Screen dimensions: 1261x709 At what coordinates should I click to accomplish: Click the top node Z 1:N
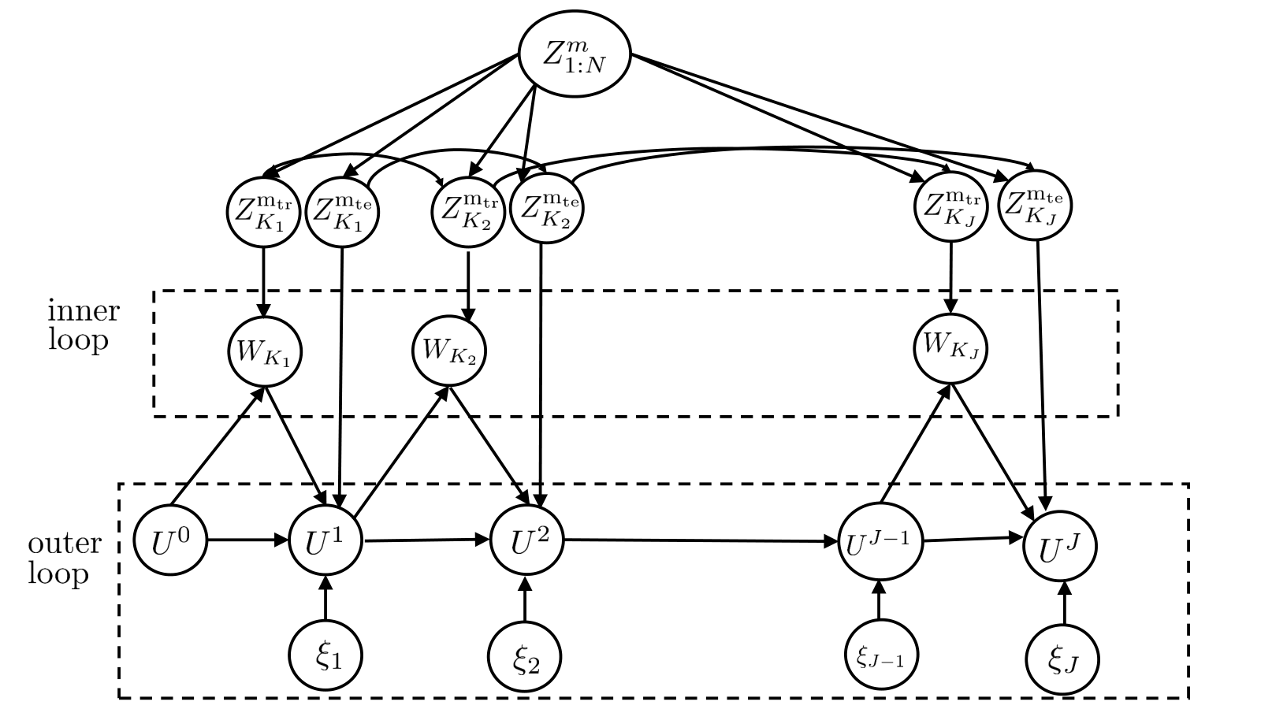coord(575,54)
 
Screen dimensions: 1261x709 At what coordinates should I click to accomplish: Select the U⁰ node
coord(170,540)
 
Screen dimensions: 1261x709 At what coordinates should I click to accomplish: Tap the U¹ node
coord(326,540)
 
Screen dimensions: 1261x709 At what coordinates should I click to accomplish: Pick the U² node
coord(527,540)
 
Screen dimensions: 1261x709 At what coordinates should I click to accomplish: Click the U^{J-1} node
coord(880,541)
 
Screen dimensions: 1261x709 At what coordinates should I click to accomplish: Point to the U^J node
coord(1060,547)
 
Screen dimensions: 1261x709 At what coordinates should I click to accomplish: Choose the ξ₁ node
coord(326,655)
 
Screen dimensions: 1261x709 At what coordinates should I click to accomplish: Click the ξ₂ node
coord(525,657)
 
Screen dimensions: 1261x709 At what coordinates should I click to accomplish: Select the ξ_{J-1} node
coord(882,655)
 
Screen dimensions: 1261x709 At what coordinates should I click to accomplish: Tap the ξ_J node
coord(1063,659)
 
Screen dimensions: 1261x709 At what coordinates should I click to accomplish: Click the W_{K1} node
coord(265,351)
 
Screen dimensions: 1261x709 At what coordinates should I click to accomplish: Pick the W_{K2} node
coord(449,351)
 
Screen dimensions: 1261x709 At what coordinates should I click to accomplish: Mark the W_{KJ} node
coord(950,349)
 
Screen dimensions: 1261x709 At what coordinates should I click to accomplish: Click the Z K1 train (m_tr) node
coord(263,212)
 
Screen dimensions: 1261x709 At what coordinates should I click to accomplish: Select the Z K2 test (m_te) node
coord(547,208)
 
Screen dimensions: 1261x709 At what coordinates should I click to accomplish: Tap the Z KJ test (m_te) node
coord(1036,206)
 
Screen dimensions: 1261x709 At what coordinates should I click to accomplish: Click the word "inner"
coord(84,310)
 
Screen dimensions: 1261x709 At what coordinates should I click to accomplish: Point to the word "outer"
coord(65,544)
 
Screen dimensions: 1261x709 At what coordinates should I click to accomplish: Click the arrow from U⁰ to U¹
coord(248,540)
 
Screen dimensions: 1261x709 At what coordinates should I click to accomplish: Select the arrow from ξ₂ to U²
coord(525,599)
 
